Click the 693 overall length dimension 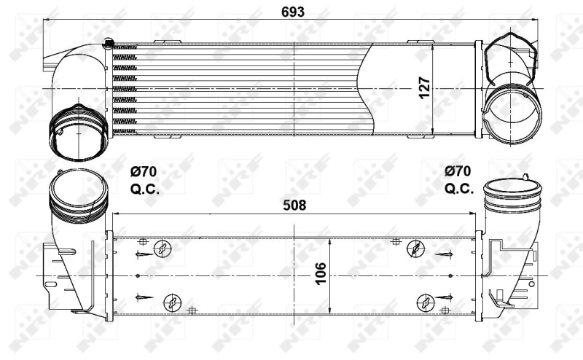292,12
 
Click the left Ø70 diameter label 143,173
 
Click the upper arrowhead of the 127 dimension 435,45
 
